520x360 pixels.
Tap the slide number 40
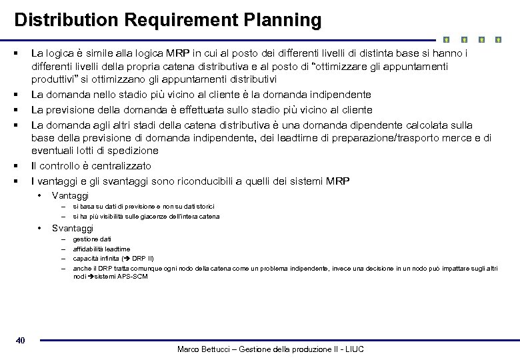(x=20, y=341)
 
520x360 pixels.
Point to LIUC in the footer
(x=353, y=349)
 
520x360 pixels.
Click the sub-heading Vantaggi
(x=70, y=196)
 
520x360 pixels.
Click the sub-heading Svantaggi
(x=73, y=228)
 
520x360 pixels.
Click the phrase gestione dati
(x=92, y=239)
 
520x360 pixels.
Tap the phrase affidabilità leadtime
(x=101, y=249)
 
